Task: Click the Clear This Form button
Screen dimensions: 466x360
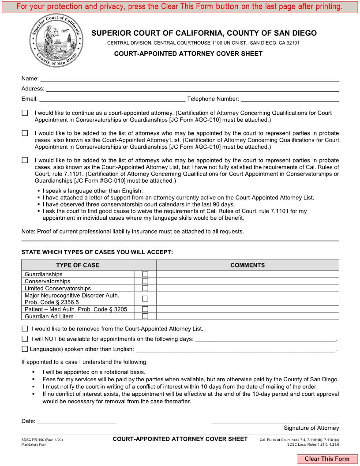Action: click(327, 459)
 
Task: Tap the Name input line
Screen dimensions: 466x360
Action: click(189, 79)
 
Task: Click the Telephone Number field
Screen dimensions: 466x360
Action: click(289, 99)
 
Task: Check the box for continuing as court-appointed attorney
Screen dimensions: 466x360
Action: click(25, 113)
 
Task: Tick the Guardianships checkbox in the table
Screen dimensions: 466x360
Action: click(145, 274)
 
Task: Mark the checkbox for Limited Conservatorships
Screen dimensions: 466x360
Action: click(145, 289)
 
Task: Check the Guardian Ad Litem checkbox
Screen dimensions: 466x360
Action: click(145, 316)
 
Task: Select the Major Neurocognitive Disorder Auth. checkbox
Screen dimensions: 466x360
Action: click(145, 299)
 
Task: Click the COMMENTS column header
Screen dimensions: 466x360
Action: click(247, 265)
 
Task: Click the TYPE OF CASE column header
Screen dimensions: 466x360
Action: click(78, 265)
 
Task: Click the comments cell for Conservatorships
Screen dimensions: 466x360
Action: click(247, 282)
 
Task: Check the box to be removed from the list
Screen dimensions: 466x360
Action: click(25, 329)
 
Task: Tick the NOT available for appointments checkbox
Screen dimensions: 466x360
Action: click(25, 339)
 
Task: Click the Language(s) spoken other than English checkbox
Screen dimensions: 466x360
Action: click(25, 349)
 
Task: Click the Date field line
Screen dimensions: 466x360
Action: click(77, 421)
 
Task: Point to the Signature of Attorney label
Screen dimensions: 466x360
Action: click(311, 428)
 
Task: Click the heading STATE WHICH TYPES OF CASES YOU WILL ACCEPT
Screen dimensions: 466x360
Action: click(97, 252)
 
